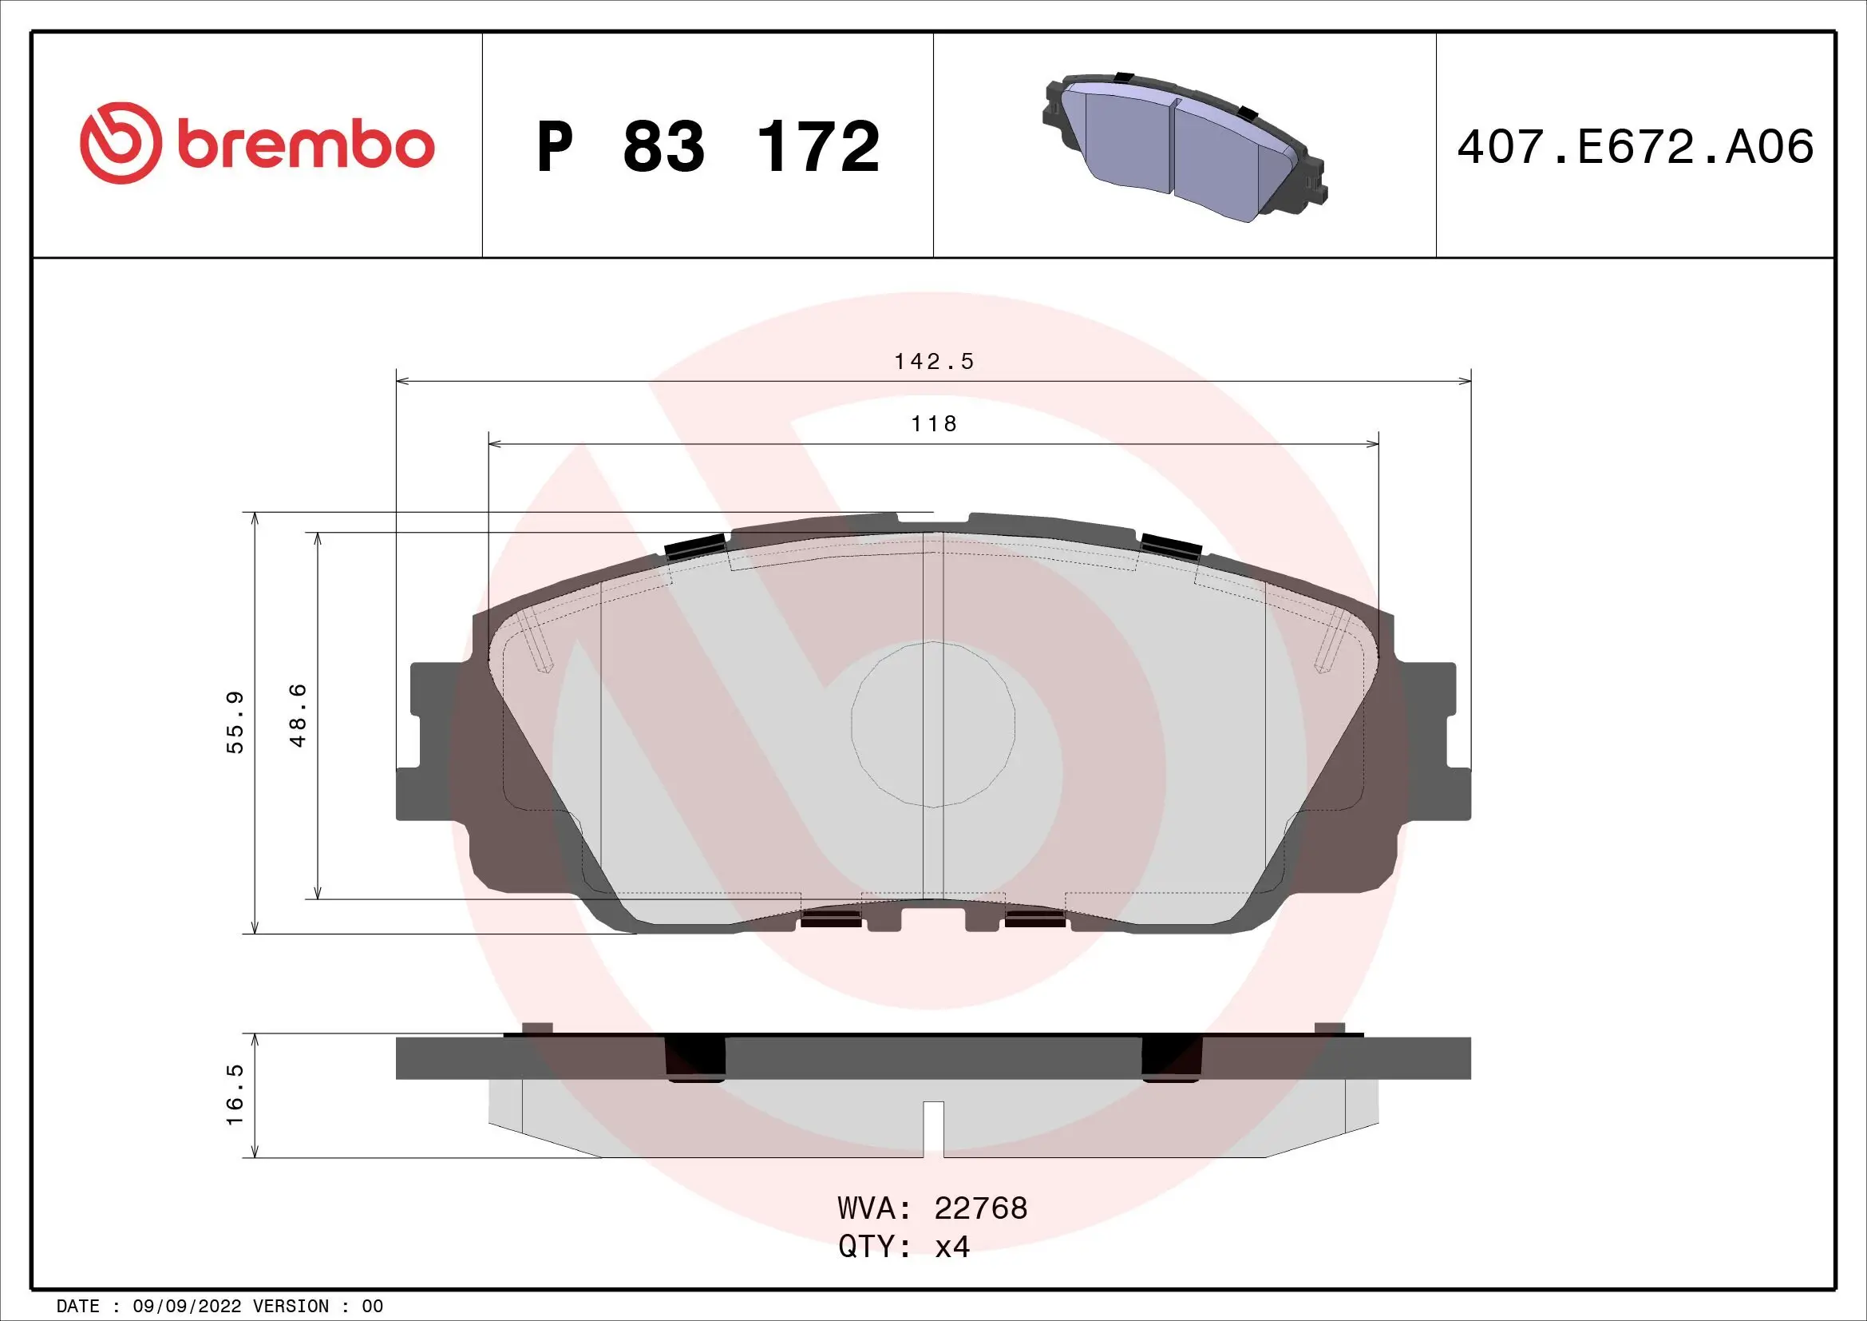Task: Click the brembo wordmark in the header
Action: pyautogui.click(x=306, y=145)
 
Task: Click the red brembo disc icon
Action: pyautogui.click(x=118, y=143)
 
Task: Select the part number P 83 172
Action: pyautogui.click(x=707, y=147)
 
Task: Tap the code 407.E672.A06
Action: pyautogui.click(x=1636, y=147)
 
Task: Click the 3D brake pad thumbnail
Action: pyautogui.click(x=1185, y=148)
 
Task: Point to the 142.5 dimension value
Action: pyautogui.click(x=934, y=361)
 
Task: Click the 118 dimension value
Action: pyautogui.click(x=934, y=424)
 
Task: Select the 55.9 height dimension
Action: pyautogui.click(x=235, y=722)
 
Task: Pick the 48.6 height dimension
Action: pyautogui.click(x=299, y=715)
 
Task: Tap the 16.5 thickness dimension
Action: pyautogui.click(x=235, y=1095)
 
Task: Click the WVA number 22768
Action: pyautogui.click(x=981, y=1208)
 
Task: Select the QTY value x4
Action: pyautogui.click(x=952, y=1247)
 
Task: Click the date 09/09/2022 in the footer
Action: pyautogui.click(x=186, y=1307)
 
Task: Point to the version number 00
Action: pyautogui.click(x=372, y=1307)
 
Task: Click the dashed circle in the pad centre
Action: pyautogui.click(x=932, y=724)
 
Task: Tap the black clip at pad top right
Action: pyautogui.click(x=1172, y=544)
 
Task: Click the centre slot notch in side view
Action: pyautogui.click(x=934, y=1128)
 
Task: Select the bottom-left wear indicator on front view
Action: pyautogui.click(x=830, y=918)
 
